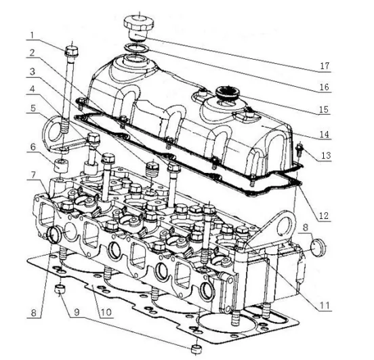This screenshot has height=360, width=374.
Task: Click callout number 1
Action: click(33, 34)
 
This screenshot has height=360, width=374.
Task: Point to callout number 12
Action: click(325, 216)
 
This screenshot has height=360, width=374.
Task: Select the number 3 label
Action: click(33, 71)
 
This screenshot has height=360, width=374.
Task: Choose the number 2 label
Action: click(33, 53)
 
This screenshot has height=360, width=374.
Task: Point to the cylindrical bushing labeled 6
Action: click(61, 165)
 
